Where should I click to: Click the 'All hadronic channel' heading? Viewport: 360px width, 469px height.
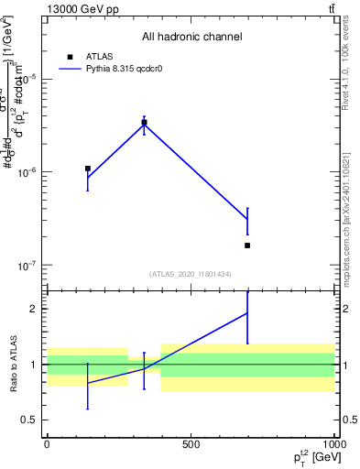pos(191,37)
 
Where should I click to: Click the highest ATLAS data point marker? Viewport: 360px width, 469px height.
pos(144,122)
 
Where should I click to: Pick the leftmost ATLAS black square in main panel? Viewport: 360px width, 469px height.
pos(87,169)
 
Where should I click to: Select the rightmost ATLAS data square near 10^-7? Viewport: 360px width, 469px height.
pos(247,245)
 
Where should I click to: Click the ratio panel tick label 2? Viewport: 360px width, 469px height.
pos(31,309)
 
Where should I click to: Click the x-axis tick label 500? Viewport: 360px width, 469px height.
pos(191,443)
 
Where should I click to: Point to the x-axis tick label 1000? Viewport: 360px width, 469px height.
pos(333,443)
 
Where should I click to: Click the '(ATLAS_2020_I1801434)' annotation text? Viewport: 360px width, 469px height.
pos(191,274)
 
